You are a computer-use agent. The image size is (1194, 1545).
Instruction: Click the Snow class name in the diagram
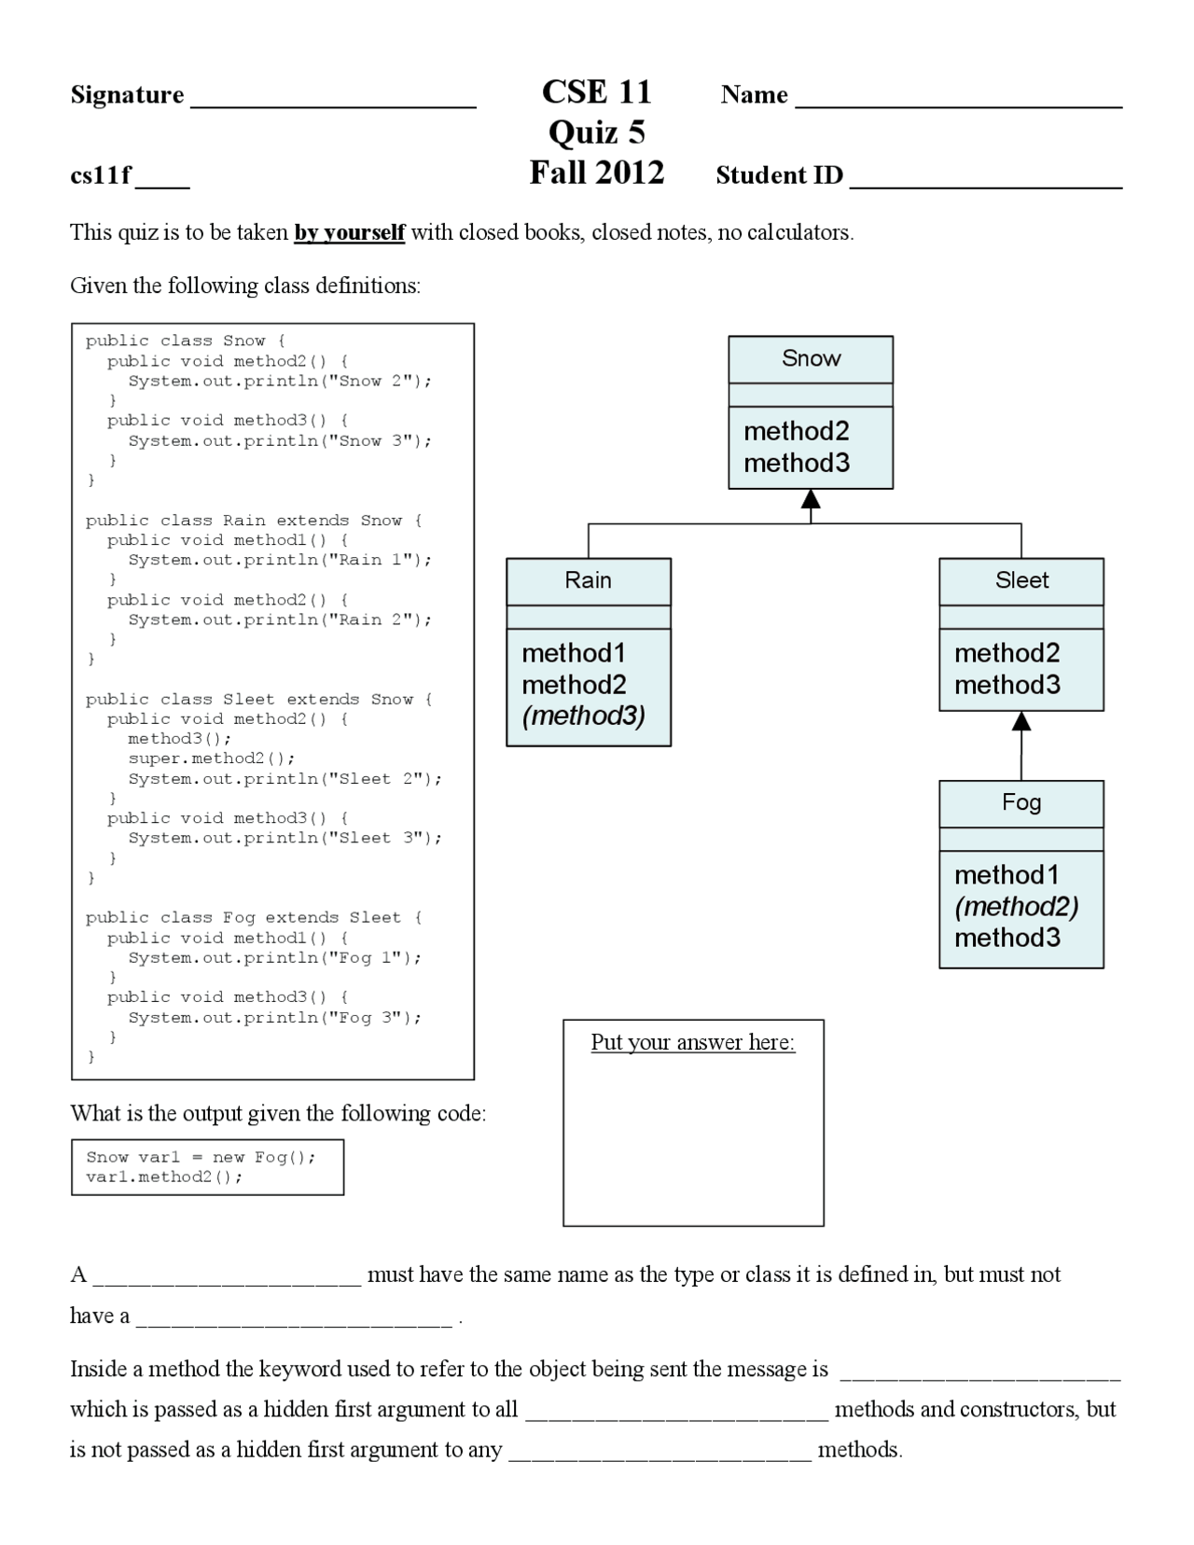(x=811, y=357)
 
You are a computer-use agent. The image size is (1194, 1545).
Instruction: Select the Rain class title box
(x=589, y=581)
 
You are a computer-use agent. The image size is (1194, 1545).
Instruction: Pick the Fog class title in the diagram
(x=1021, y=802)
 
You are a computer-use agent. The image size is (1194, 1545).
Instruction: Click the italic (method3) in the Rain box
(x=584, y=716)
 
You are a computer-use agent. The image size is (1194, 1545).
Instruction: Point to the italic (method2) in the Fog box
(x=1017, y=907)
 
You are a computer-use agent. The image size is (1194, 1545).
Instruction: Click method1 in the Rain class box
(x=574, y=653)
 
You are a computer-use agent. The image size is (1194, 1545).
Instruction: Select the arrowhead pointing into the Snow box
(x=811, y=498)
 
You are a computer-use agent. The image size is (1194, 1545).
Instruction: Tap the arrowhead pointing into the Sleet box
(x=1021, y=721)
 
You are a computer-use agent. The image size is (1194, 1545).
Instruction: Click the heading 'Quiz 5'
(x=597, y=132)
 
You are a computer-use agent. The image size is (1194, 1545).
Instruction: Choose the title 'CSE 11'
(x=597, y=91)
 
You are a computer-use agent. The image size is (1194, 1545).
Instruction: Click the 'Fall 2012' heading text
(x=597, y=173)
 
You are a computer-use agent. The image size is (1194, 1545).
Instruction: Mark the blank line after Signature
(x=333, y=107)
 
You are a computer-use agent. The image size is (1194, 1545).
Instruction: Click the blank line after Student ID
(x=987, y=188)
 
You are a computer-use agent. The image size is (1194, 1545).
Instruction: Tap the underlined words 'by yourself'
(x=350, y=232)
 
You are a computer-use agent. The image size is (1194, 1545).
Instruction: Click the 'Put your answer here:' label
(x=693, y=1042)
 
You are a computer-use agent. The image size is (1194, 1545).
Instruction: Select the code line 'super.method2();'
(x=212, y=759)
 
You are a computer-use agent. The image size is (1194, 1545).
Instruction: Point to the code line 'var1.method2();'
(x=164, y=1176)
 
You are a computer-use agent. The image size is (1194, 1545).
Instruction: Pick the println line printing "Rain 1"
(x=280, y=561)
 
